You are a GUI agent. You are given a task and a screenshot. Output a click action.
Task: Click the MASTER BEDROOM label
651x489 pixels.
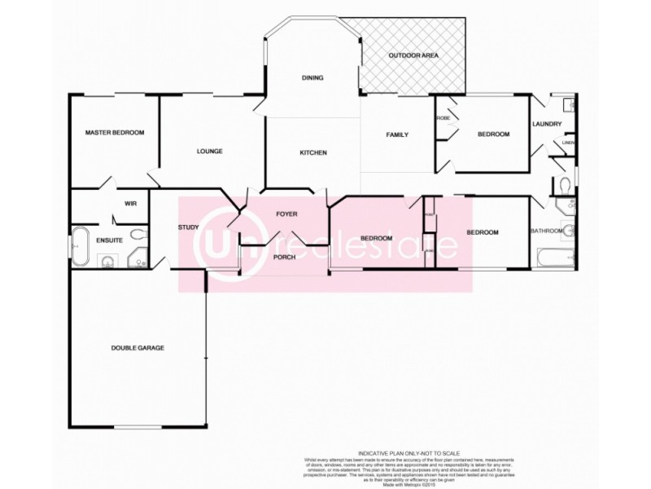tap(115, 132)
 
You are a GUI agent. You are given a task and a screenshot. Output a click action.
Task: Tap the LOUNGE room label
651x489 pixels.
tap(209, 152)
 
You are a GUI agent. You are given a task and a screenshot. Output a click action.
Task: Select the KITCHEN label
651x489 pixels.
tap(313, 152)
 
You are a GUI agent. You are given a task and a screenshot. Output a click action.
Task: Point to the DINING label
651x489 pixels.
tap(312, 78)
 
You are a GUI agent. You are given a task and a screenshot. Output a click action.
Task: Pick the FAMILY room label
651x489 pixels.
tap(397, 134)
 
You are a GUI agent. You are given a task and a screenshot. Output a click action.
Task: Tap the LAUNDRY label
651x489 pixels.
tap(547, 124)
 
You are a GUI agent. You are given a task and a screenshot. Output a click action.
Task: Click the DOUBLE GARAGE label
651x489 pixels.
tap(138, 347)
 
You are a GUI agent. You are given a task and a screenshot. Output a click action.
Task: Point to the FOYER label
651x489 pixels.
tap(286, 214)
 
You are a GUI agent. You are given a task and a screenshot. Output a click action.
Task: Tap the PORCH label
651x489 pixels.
tap(284, 258)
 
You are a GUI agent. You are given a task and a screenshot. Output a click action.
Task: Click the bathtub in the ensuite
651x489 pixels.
tap(80, 246)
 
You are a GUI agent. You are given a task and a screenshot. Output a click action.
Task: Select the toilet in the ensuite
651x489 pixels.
tap(138, 236)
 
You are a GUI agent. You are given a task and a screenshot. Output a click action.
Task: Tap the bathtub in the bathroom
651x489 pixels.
tap(553, 259)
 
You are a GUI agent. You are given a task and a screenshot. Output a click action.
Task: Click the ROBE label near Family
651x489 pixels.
tap(443, 118)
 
